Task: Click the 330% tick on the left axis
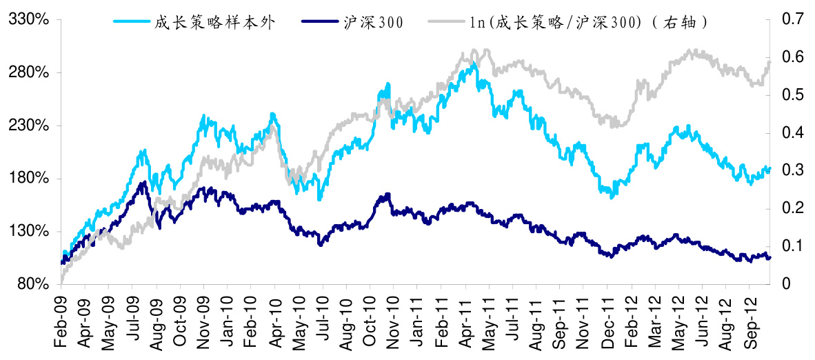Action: tap(28, 20)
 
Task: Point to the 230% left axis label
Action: tap(28, 126)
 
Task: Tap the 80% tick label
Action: tap(32, 284)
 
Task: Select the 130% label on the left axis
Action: tap(28, 231)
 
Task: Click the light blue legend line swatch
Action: tap(132, 22)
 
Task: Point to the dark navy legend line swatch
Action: tap(321, 22)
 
